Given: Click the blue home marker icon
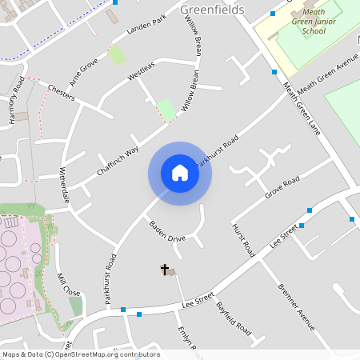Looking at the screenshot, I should click(x=180, y=173).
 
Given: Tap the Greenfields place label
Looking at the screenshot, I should click(x=212, y=10).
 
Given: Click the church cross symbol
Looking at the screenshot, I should click(x=166, y=270).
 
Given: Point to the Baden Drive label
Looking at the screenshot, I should click(x=167, y=233).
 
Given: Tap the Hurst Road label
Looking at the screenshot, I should click(x=243, y=240).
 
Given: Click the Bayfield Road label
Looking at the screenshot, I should click(x=233, y=318).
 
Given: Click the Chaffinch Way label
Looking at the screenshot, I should click(x=118, y=160).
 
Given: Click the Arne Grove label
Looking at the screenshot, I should click(x=83, y=71).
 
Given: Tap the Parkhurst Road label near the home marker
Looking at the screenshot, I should click(x=218, y=150).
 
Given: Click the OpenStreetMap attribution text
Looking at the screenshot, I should click(x=80, y=354).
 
